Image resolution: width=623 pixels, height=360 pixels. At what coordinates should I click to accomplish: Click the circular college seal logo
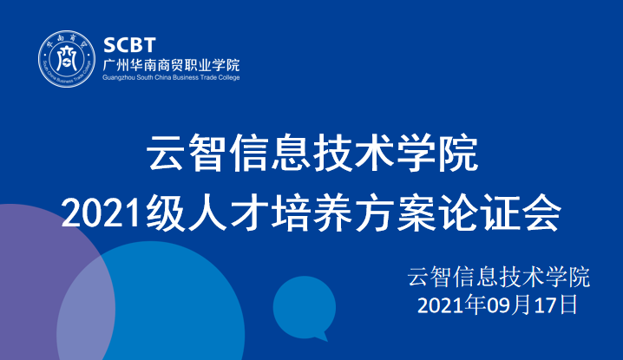tap(67, 59)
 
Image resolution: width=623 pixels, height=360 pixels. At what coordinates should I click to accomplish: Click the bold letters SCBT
tap(129, 45)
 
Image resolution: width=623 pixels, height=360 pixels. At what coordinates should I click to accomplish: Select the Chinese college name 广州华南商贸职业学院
tap(171, 64)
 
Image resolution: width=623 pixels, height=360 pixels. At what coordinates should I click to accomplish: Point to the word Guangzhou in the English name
tap(119, 78)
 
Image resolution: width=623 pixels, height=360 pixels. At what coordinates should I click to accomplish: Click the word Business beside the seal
tap(184, 77)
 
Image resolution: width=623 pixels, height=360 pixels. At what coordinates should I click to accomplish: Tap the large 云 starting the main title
tap(165, 153)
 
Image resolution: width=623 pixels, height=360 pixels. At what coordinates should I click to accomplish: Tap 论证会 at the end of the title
tap(500, 213)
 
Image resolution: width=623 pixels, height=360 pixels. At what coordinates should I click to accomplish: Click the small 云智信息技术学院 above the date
tap(499, 277)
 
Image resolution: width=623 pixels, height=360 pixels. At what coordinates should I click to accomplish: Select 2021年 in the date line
tap(452, 305)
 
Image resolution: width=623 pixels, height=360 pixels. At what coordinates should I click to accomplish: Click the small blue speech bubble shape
tap(305, 307)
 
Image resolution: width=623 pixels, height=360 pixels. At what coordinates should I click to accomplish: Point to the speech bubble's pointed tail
tap(323, 337)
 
